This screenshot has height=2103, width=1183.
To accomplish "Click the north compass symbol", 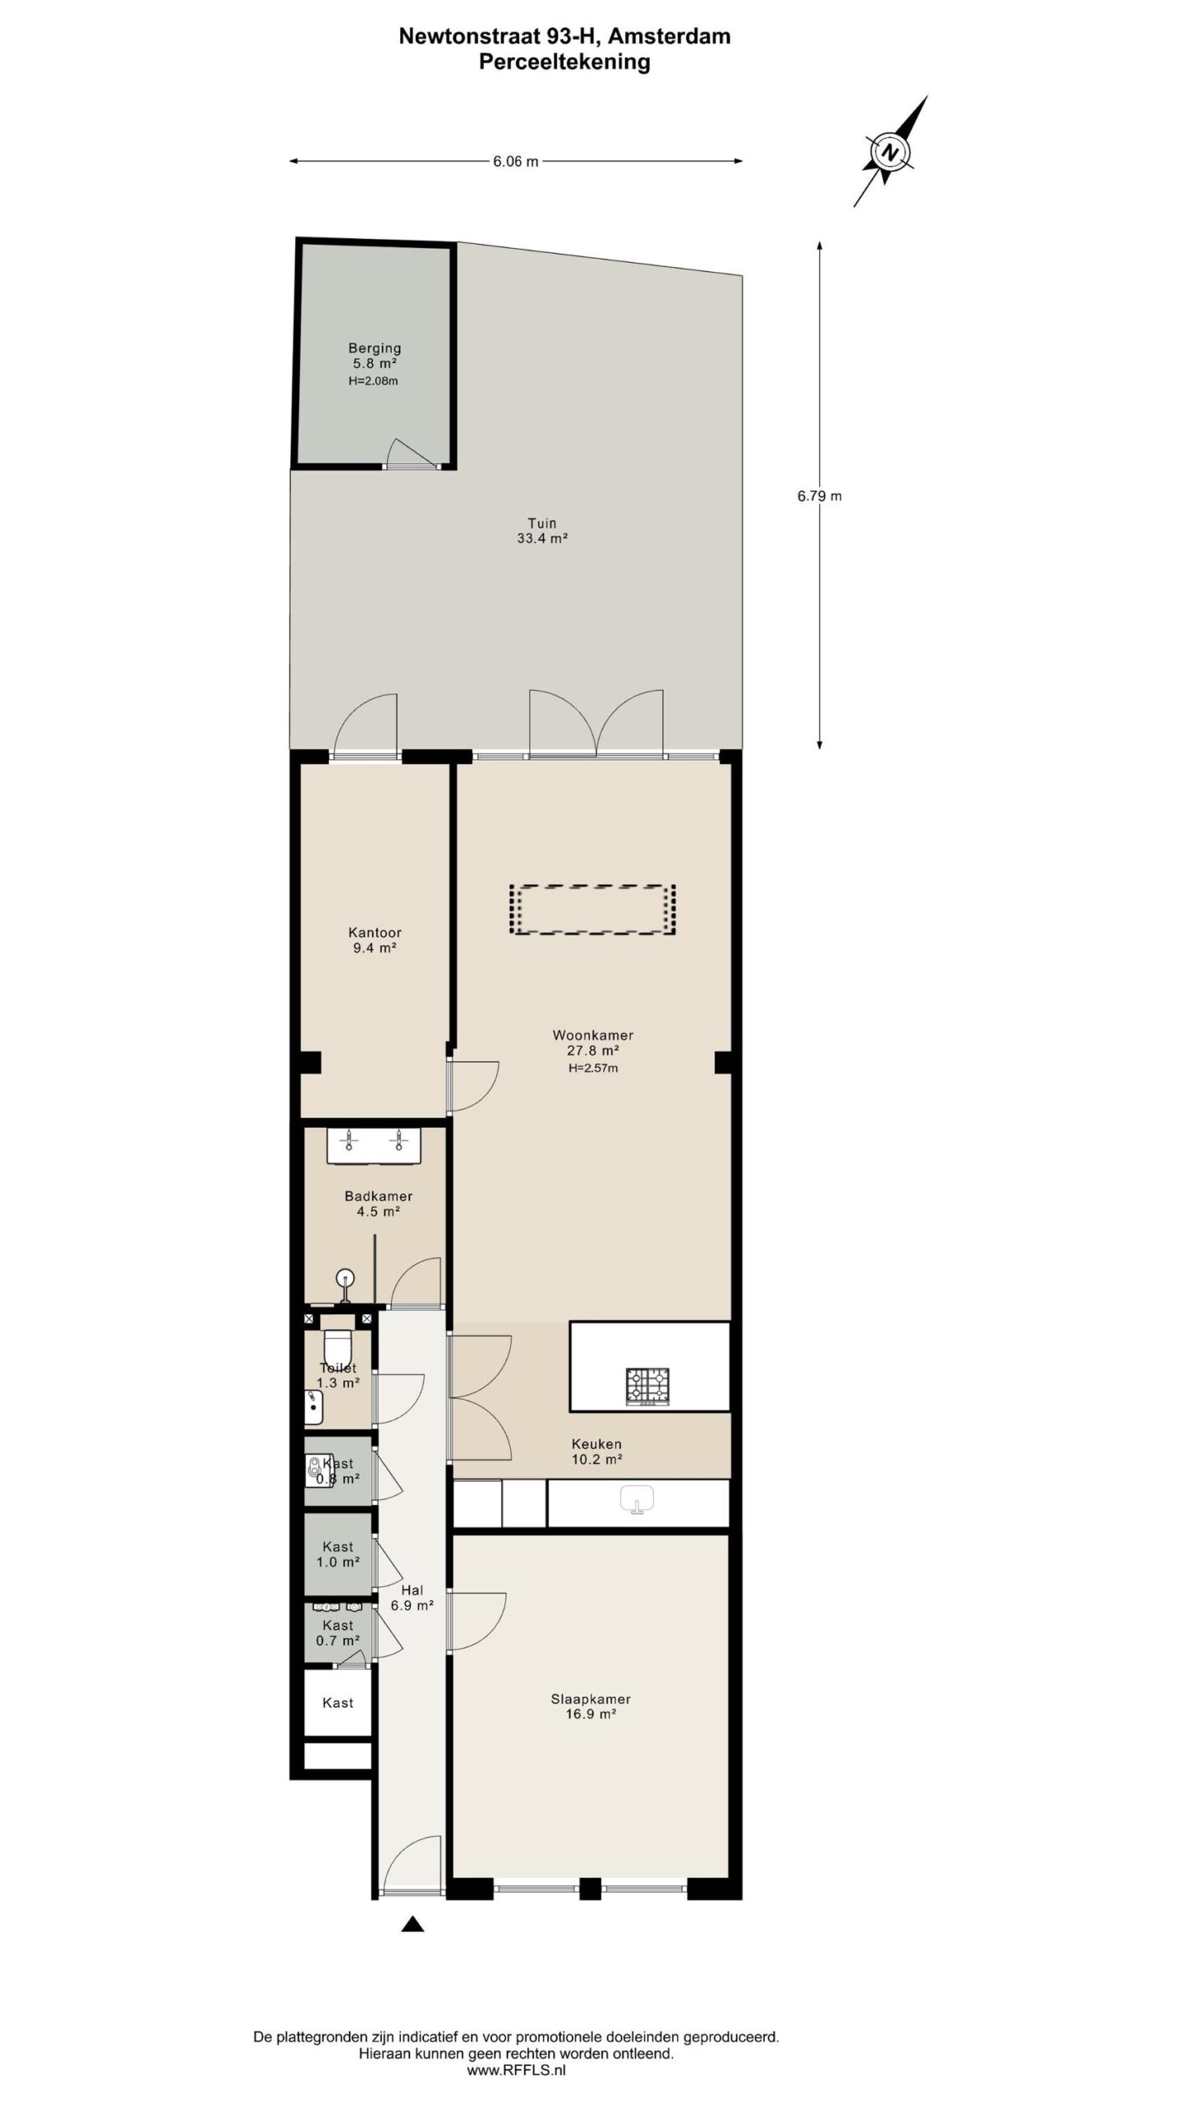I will coord(890,152).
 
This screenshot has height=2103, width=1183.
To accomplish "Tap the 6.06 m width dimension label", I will coord(515,162).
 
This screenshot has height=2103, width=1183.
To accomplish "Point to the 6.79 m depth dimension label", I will coord(819,496).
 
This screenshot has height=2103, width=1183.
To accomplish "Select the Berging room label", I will coord(375,348).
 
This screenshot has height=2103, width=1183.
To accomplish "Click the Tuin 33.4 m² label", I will coord(541,531).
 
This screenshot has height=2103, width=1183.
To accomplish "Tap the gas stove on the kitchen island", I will coord(647,1387).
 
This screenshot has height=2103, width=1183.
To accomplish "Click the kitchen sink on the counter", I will coord(637,1498).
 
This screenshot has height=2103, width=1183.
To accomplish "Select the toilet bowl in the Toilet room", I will coord(338,1346).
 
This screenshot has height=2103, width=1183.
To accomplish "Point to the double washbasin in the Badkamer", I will coord(374,1145).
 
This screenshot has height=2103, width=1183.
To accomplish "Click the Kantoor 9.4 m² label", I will coord(375,940).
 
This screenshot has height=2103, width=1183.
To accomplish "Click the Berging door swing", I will coord(407,453).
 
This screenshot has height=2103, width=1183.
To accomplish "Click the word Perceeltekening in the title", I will coord(564,62).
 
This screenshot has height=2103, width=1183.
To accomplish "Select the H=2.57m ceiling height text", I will coord(593,1068).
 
